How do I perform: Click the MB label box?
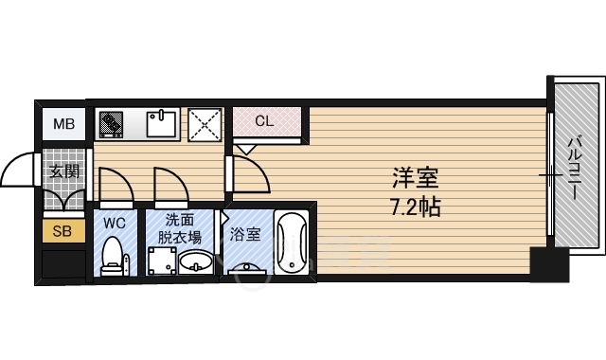tap(63, 123)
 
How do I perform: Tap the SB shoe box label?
tap(63, 230)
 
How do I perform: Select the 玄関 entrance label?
tap(63, 171)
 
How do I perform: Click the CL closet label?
tap(265, 121)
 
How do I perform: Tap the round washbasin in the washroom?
tap(195, 261)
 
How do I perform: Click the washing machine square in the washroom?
tap(163, 260)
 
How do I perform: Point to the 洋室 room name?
tap(416, 176)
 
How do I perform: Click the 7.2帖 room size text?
tap(416, 206)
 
